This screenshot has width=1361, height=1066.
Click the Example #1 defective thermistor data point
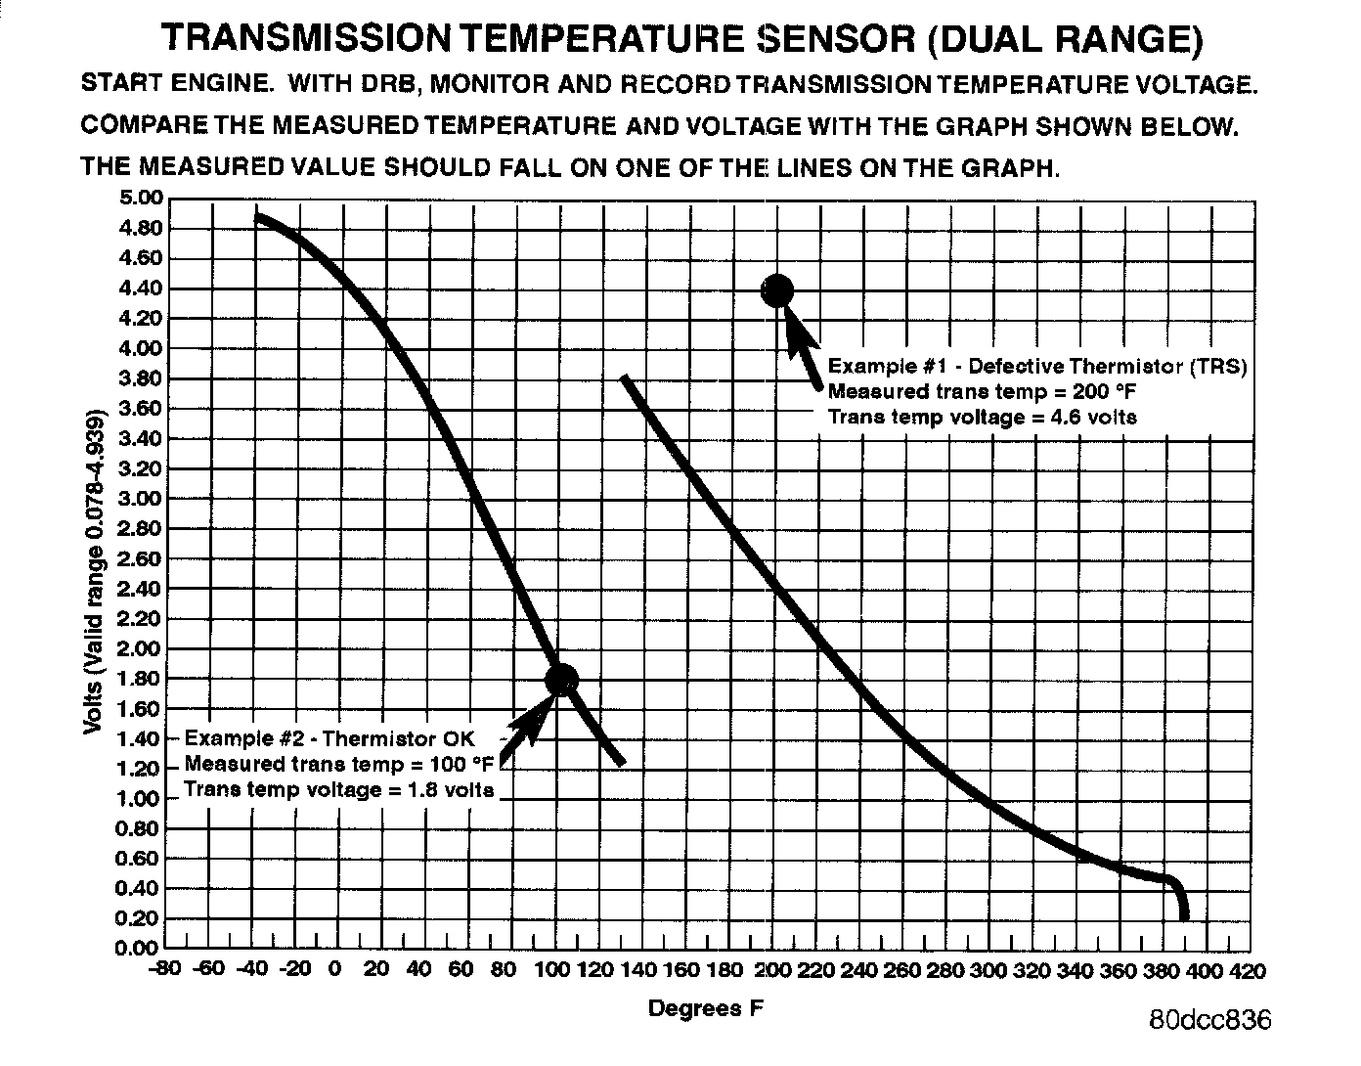778,289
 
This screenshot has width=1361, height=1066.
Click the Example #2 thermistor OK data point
561,680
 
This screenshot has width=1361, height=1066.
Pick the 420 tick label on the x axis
1246,971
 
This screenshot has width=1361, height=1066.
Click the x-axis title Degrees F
705,1008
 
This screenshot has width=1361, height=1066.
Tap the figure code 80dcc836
1210,1020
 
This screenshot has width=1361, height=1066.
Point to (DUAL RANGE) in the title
1063,39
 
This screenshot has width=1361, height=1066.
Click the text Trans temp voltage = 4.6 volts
982,417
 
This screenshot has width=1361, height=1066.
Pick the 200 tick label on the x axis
773,971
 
